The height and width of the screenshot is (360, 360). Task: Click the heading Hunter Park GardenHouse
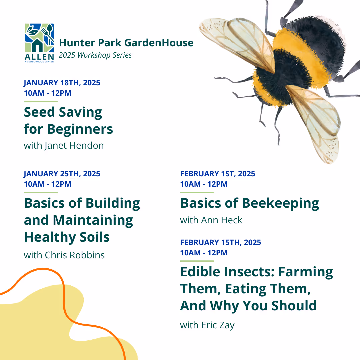(x=126, y=43)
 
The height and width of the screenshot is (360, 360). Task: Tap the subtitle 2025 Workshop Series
(x=95, y=55)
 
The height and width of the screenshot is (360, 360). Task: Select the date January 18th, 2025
(x=62, y=83)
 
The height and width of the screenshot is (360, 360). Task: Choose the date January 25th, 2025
(x=62, y=174)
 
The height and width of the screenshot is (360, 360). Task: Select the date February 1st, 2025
(x=217, y=174)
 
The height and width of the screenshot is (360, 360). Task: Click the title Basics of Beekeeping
(x=249, y=203)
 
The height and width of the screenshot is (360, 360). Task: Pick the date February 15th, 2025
(x=220, y=242)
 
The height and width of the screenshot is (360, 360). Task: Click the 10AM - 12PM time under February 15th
(x=204, y=253)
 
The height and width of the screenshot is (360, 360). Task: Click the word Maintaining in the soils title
(x=93, y=220)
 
